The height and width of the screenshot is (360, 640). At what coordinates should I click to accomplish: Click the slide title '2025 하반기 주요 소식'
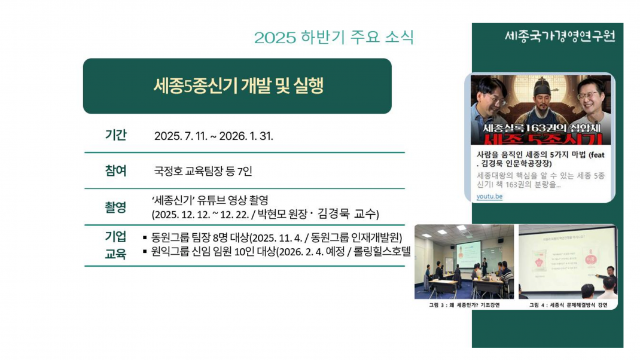[x=334, y=37]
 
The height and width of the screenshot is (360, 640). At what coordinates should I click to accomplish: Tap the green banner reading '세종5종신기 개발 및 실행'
[x=237, y=86]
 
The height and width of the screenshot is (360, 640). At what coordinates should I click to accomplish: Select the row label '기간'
[x=115, y=135]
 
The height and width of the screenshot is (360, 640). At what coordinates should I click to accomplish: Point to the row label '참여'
[x=115, y=171]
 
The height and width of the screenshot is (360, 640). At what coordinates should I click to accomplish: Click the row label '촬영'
[x=115, y=208]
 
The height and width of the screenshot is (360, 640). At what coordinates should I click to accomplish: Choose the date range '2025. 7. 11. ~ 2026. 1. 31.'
[x=214, y=136]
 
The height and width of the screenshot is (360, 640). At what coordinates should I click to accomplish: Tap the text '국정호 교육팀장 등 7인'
[x=203, y=172]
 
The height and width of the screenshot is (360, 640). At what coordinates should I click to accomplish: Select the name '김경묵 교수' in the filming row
[x=349, y=214]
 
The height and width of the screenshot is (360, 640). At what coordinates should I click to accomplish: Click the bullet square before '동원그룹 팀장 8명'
[x=145, y=237]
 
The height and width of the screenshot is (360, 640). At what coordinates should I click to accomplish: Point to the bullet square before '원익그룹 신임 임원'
[x=145, y=252]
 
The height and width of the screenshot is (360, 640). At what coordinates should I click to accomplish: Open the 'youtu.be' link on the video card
[x=489, y=196]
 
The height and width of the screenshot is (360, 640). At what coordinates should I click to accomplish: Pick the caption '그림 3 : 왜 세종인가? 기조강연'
[x=464, y=304]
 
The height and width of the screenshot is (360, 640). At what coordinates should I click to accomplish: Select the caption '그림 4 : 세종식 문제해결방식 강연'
[x=568, y=304]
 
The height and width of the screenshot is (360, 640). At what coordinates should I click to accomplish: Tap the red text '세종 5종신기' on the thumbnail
[x=541, y=139]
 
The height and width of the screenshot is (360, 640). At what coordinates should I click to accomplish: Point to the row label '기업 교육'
[x=115, y=245]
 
